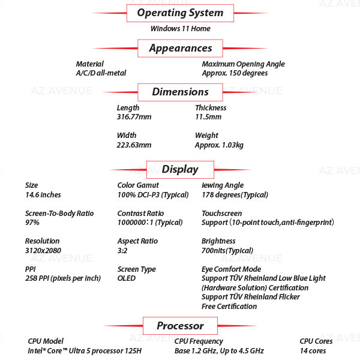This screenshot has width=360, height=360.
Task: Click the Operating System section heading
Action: (x=180, y=13)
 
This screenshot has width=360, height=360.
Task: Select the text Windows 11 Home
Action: (x=181, y=29)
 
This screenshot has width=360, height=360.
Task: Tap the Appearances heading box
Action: (x=180, y=48)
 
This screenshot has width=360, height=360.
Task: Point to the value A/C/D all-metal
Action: (x=101, y=73)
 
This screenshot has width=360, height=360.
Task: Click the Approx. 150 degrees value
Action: (x=235, y=73)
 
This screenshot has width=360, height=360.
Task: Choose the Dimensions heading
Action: (x=180, y=92)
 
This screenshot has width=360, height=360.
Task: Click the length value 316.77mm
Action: (x=134, y=117)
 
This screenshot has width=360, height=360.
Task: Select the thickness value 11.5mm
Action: (x=208, y=117)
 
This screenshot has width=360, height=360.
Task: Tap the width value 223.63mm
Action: (x=134, y=145)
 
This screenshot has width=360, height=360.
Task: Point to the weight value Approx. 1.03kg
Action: (x=219, y=145)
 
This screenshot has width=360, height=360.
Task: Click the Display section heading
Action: (x=180, y=170)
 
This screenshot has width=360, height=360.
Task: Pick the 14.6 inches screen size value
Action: (x=43, y=195)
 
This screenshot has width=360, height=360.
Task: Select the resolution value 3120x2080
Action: (x=43, y=250)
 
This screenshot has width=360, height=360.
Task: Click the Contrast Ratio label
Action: (x=140, y=213)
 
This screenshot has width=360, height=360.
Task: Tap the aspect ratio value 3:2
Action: (x=122, y=250)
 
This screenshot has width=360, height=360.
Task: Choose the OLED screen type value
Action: (x=127, y=278)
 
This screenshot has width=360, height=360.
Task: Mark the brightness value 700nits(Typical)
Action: (x=227, y=251)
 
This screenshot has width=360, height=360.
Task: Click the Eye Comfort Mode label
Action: (x=232, y=269)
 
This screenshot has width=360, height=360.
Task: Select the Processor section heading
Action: (x=180, y=326)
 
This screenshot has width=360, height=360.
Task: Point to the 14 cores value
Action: (x=313, y=351)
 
